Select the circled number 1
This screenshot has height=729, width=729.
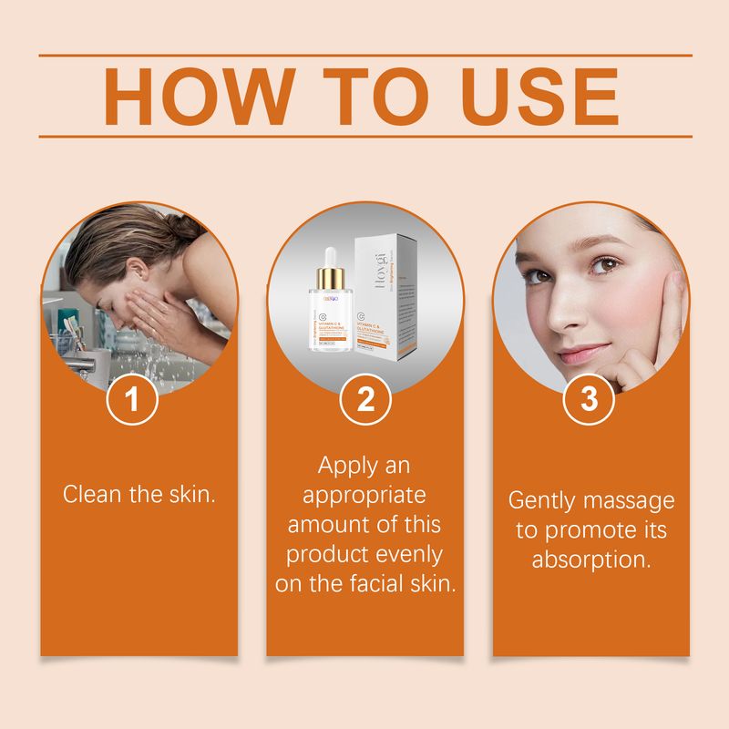134,400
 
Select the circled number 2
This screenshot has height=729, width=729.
364,400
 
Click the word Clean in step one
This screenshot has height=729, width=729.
89,495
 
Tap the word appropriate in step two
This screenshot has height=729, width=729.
364,495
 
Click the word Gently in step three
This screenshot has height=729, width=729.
543,500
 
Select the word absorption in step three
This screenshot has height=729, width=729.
591,559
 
